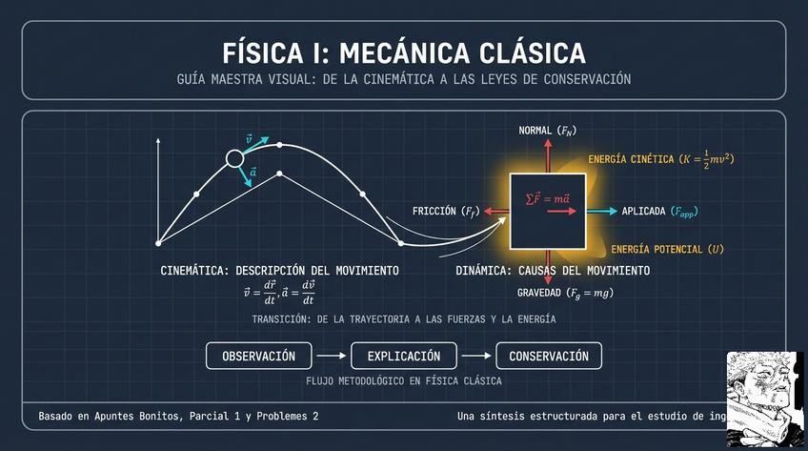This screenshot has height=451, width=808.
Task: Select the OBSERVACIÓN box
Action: [x=258, y=357]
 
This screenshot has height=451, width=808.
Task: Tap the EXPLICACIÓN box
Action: [x=405, y=357]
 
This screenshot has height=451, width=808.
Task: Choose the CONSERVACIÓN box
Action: [x=549, y=357]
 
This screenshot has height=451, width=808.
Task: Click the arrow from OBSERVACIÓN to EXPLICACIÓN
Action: [x=331, y=357]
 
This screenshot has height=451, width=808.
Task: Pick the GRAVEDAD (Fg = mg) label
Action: [x=565, y=294]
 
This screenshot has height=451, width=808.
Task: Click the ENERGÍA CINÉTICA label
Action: [x=660, y=158]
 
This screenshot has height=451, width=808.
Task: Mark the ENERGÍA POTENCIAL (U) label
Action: [x=667, y=250]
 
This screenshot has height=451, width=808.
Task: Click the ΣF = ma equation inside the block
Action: [x=548, y=198]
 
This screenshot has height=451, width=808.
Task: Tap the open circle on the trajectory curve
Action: [x=234, y=159]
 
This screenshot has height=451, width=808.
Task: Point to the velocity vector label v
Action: [x=250, y=138]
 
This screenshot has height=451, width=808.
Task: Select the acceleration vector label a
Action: [x=252, y=173]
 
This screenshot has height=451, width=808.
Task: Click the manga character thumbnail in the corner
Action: [x=766, y=399]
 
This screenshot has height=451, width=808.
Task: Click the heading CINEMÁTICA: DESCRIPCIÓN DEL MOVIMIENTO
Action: [x=279, y=272]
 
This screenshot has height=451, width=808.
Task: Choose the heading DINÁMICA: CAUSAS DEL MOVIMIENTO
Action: [x=553, y=272]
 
